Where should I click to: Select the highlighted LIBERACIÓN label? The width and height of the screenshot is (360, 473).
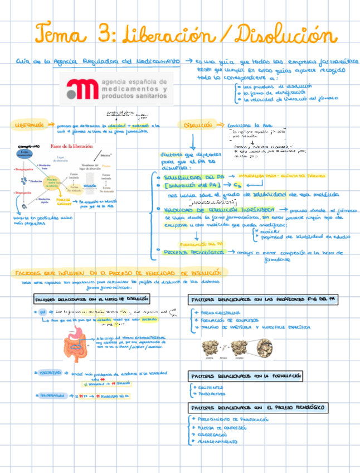tap(29, 126)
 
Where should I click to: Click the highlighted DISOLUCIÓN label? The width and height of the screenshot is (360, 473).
tap(194, 126)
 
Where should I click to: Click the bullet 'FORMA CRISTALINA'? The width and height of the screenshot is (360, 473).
tap(217, 313)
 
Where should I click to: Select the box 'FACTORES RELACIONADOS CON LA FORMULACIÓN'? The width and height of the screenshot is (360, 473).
tap(245, 376)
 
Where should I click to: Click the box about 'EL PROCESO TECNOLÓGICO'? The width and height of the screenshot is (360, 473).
tap(257, 407)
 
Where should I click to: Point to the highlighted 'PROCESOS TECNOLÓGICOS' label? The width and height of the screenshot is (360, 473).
tap(194, 252)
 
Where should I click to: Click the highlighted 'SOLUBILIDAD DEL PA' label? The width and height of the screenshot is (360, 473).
tap(190, 176)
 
